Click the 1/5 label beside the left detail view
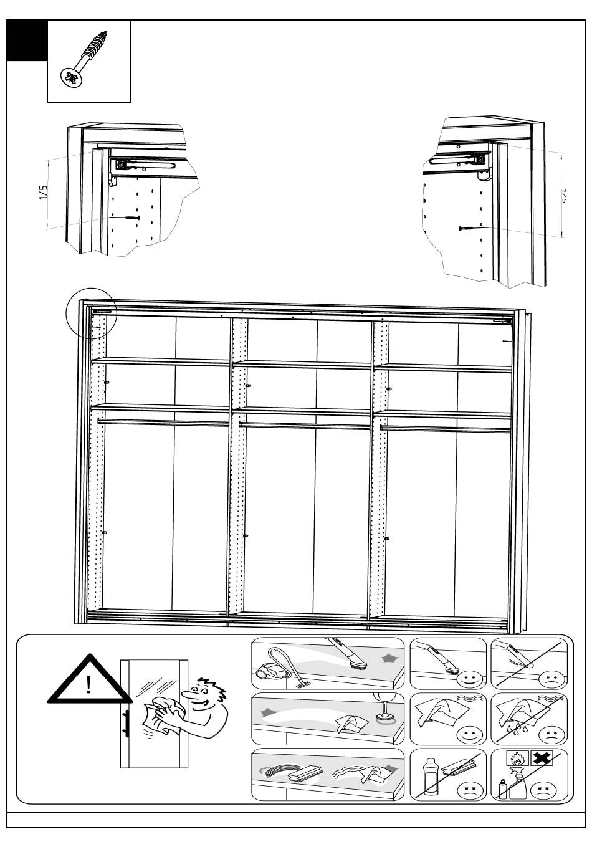tap(43, 193)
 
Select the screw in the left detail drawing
tap(131, 218)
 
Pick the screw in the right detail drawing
tap(467, 229)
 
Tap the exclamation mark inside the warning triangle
tap(89, 686)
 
